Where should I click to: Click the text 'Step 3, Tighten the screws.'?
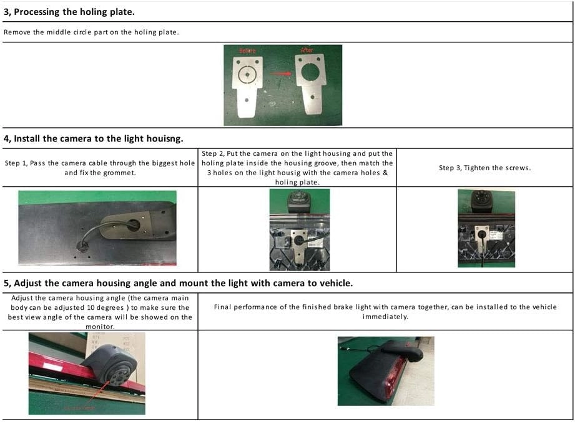coord(485,168)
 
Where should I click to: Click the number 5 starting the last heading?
coord(6,283)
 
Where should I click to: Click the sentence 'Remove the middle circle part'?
coord(56,32)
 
